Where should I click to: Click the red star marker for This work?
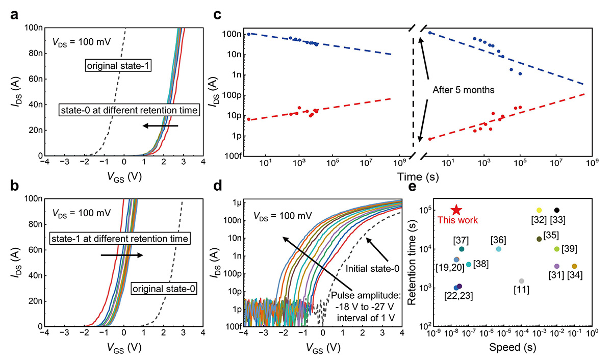(x=456, y=210)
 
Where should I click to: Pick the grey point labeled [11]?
(x=521, y=281)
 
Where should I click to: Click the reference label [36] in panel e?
(x=498, y=240)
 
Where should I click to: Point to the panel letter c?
(x=217, y=15)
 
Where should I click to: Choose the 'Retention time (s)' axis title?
(x=415, y=262)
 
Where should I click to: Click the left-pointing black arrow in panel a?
(x=160, y=125)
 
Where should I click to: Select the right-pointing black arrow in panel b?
(x=122, y=255)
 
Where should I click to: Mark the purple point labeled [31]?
(x=557, y=266)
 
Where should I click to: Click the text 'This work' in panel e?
(x=457, y=220)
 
